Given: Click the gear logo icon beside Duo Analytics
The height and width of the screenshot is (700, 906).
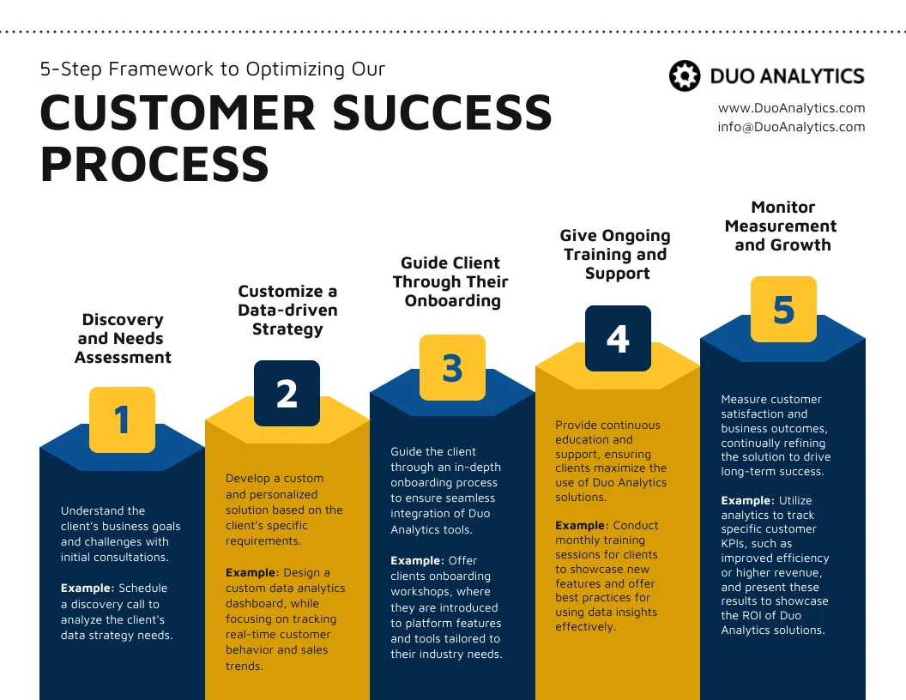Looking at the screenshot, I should tap(685, 76).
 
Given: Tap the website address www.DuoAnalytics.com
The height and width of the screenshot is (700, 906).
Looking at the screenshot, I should tap(791, 108).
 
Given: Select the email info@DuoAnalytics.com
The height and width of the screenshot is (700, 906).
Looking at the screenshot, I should tap(791, 126).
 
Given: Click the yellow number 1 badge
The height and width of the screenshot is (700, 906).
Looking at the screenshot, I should tap(122, 419).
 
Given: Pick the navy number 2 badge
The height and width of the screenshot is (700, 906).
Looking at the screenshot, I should tap(287, 393).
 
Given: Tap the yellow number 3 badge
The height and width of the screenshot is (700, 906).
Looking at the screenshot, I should tap(452, 367).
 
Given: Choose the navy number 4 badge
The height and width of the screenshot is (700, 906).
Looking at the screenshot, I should tap(618, 339).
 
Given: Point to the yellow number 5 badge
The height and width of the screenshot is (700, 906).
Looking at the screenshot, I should tap(783, 309).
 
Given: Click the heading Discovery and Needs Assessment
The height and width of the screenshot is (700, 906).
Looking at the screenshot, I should tap(123, 338).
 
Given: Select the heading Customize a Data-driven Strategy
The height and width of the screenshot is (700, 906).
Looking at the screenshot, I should tap(287, 310).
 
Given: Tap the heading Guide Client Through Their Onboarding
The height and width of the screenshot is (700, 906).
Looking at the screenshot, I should tap(451, 281).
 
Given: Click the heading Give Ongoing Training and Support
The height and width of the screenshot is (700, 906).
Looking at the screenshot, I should tap(616, 254).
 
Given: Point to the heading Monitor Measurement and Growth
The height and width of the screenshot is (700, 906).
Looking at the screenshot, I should tap(782, 226).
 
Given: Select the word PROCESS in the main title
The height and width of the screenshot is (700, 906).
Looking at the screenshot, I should tap(154, 164).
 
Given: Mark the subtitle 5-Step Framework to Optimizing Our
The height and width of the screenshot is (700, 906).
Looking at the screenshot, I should tap(212, 69).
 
